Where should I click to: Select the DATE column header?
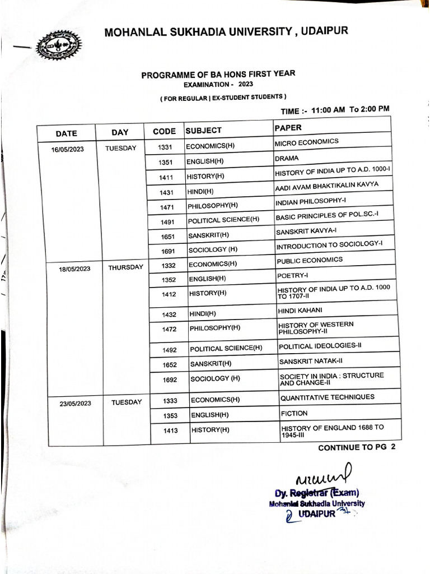[66, 133]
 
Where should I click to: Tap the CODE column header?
[164, 132]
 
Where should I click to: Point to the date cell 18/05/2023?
[74, 269]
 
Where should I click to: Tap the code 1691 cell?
[169, 251]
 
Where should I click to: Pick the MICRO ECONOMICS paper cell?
[306, 142]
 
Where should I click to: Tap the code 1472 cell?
[170, 329]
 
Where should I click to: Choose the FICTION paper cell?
[294, 414]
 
